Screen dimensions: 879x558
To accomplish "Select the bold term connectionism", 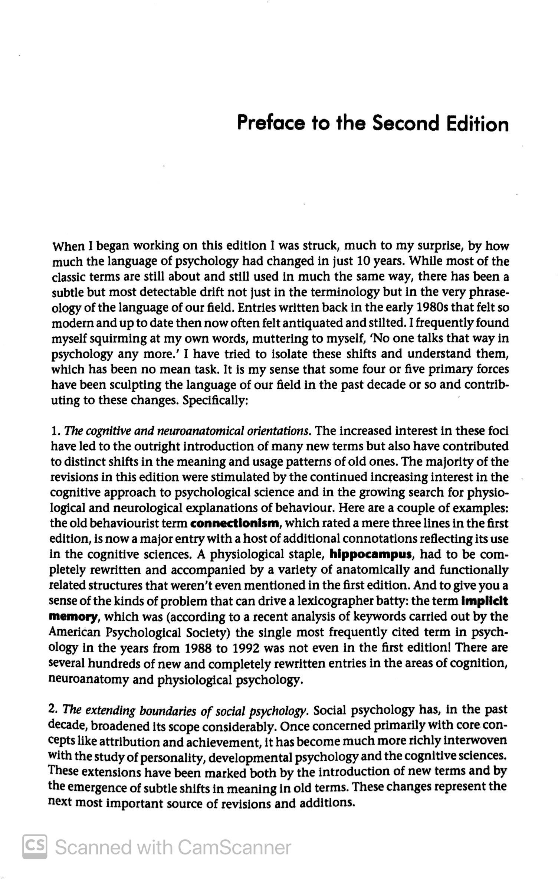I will [234, 523].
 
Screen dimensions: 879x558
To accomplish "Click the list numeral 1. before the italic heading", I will [56, 431].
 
